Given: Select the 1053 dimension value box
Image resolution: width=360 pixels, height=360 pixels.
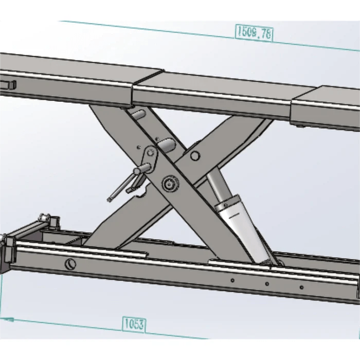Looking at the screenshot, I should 134,324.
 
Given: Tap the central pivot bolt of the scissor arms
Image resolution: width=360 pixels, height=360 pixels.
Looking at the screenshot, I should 168,183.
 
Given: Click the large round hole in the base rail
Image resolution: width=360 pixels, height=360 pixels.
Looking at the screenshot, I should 70,264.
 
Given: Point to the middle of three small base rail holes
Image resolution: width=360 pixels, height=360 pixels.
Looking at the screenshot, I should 267,284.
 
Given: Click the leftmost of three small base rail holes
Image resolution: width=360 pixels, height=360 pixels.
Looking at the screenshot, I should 232,281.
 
